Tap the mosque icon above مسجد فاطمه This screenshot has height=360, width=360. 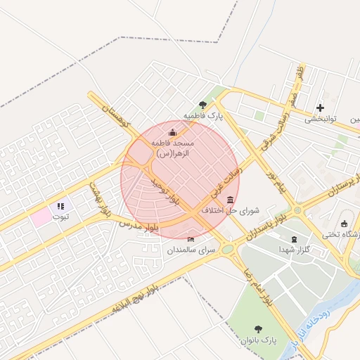click(173, 133)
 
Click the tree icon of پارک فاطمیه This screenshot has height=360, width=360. click(203, 105)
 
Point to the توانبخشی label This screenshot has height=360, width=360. click(321, 120)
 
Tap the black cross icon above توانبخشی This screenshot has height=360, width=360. click(321, 108)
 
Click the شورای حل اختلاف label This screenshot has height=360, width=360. click(231, 210)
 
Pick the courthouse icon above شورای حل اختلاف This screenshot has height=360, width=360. click(231, 200)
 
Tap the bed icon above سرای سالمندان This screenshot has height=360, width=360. click(191, 240)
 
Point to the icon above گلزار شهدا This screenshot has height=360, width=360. click(294, 239)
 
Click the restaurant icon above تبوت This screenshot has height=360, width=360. click(60, 206)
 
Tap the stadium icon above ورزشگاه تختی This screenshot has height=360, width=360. click(345, 224)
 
